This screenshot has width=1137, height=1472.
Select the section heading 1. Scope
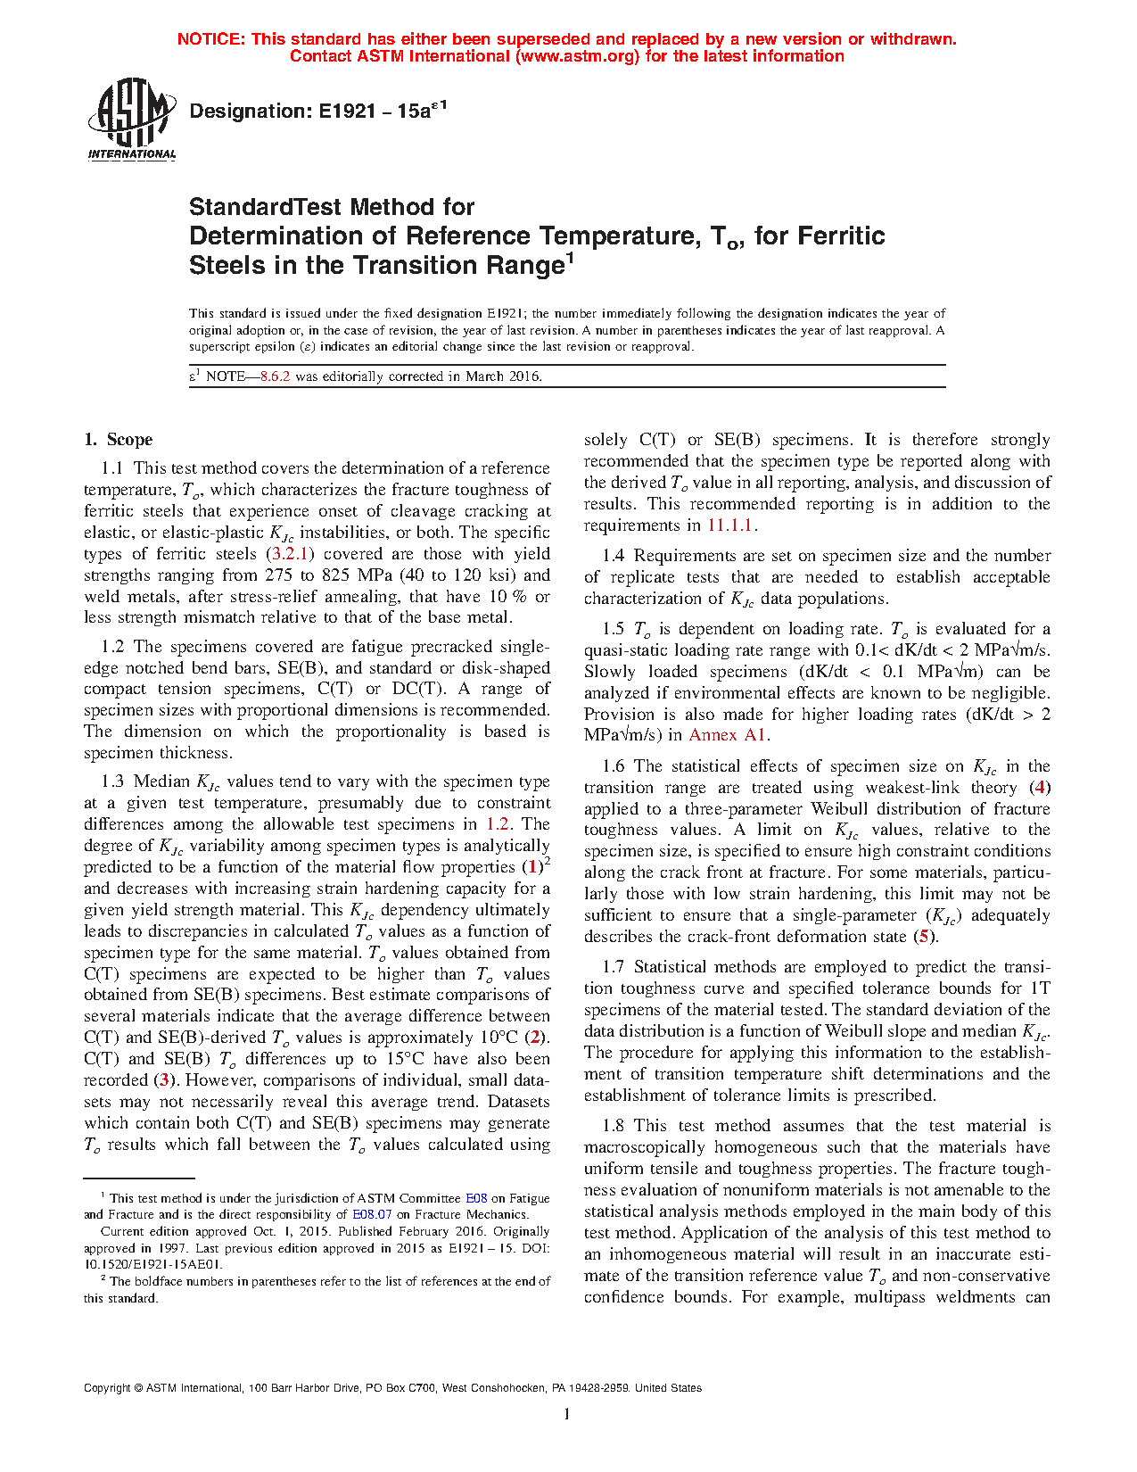pos(118,439)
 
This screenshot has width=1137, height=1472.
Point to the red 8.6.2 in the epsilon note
pos(275,376)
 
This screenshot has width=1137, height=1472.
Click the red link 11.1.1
pos(729,525)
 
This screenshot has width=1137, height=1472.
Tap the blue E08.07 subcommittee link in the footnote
pos(372,1214)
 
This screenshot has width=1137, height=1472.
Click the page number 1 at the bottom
pos(567,1413)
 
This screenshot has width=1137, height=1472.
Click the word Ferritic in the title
pos(841,236)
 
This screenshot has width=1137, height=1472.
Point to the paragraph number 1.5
pos(613,629)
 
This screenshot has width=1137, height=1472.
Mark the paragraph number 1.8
pos(613,1126)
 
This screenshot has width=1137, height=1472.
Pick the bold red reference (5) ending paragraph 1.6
pos(924,937)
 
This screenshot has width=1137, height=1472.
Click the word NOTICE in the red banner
pos(210,39)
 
